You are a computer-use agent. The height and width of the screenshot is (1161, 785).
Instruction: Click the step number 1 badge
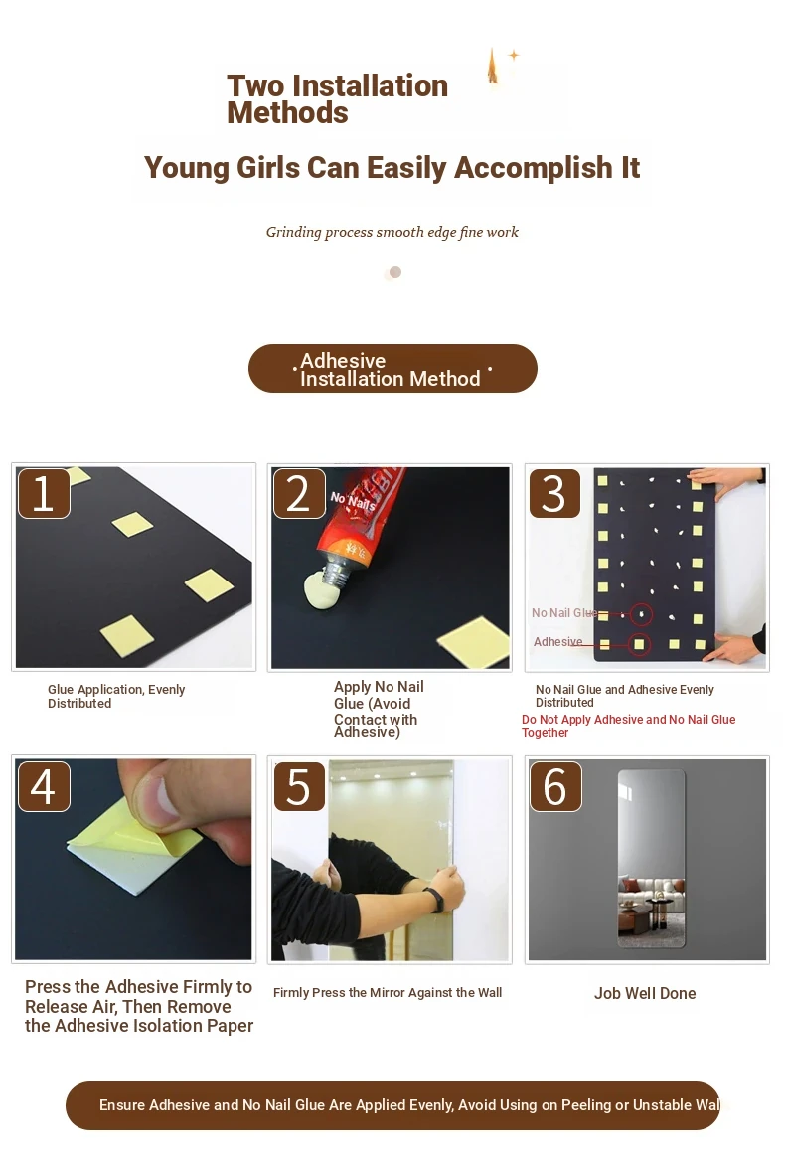[44, 492]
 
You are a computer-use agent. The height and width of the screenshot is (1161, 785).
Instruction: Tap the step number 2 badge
[299, 493]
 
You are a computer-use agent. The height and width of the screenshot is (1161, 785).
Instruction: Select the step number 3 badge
[554, 493]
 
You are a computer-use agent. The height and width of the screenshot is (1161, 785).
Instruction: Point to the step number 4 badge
[44, 785]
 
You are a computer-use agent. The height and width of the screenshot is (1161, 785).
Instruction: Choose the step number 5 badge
[299, 786]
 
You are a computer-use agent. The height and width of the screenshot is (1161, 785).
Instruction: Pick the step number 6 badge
[554, 786]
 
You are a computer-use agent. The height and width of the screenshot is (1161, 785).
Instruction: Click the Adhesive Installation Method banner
[392, 368]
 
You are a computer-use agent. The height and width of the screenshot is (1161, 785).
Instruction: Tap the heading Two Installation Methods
[338, 99]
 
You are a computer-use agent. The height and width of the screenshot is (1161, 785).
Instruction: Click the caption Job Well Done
[645, 994]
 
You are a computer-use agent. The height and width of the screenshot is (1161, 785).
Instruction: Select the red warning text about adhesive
[628, 726]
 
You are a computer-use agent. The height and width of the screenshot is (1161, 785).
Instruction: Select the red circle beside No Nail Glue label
[642, 614]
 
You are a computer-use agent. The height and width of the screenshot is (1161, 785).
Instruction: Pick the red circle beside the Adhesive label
[639, 644]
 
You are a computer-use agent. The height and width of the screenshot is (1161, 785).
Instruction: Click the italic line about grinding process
[392, 232]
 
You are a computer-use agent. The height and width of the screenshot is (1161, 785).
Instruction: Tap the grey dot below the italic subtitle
[395, 272]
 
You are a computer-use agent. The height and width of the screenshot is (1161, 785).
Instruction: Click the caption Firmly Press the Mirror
[388, 993]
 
